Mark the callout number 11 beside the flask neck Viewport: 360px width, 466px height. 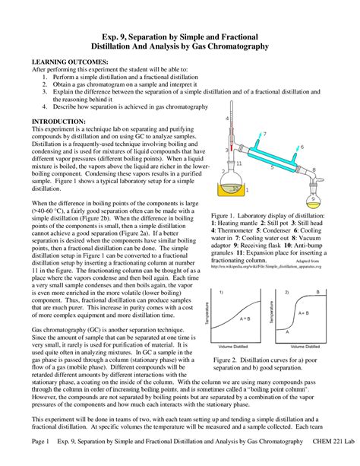[x=239, y=163]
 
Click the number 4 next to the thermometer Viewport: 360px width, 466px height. [x=226, y=119]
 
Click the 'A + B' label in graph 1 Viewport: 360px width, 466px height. [x=244, y=319]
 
